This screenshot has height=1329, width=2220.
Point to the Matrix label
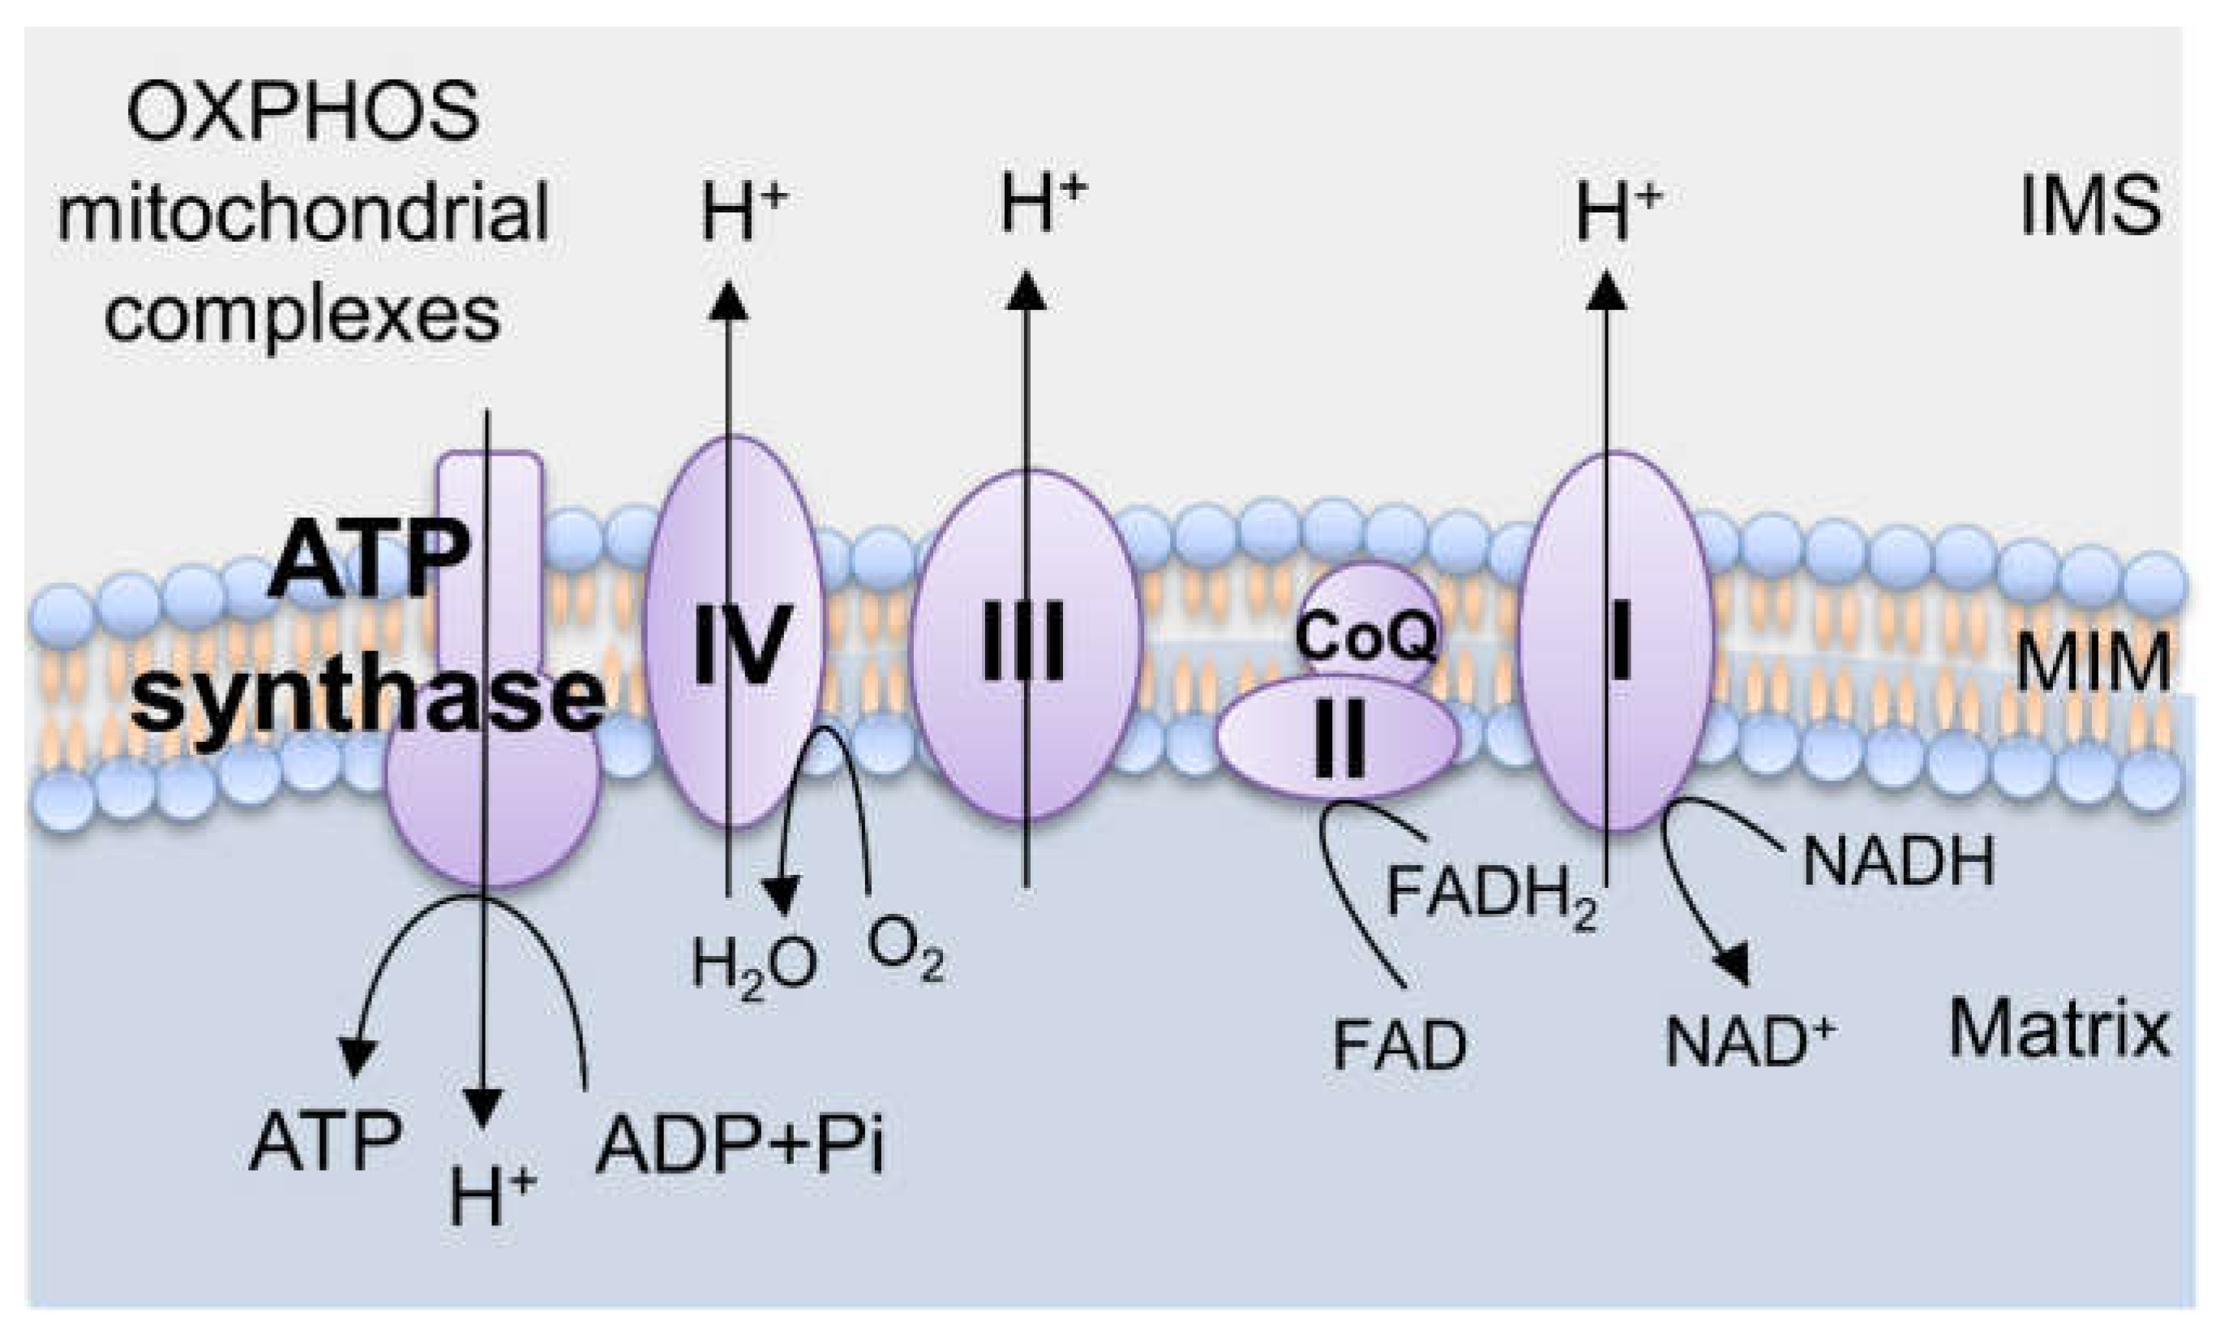[x=2058, y=1031]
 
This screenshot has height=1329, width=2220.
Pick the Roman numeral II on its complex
[x=1340, y=739]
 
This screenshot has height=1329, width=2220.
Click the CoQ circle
[x=1366, y=634]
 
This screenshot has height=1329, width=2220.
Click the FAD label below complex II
[x=1399, y=1045]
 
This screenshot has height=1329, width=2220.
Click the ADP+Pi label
[x=739, y=1147]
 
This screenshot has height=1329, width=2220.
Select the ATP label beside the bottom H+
[x=324, y=1143]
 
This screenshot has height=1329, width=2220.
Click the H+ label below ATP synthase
[x=491, y=1198]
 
